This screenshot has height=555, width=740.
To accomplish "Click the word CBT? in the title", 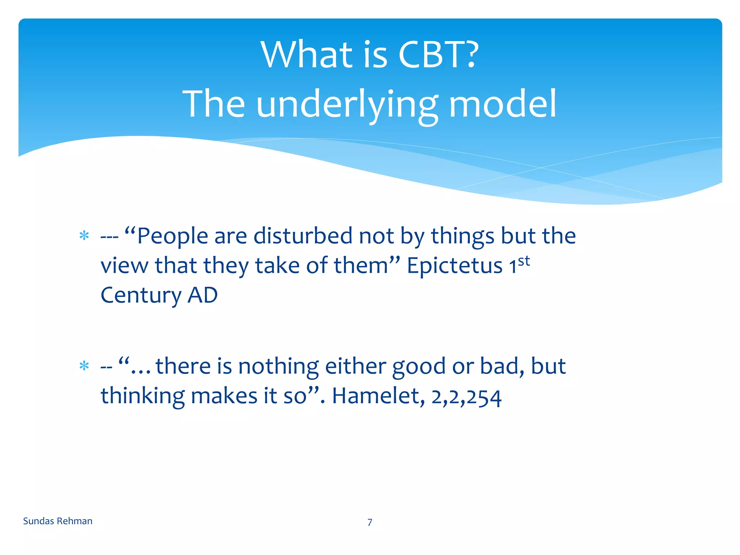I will point(438,55).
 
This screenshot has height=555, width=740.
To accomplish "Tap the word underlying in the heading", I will point(347,105).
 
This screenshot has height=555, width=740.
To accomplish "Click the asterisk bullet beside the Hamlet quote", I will point(84,366).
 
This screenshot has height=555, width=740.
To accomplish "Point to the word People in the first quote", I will point(172,236).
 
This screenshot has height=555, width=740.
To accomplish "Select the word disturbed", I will point(302,236).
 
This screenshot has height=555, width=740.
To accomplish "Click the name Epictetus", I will point(454,266).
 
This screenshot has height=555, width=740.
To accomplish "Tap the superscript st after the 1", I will point(524,261).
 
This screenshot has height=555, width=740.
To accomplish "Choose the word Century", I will point(141,296).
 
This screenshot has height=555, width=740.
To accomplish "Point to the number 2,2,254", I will point(466,397).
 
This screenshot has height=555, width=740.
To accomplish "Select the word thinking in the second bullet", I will point(142,396).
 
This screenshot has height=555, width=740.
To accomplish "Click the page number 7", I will point(370,522).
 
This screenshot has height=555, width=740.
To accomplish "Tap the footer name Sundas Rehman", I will point(58,521).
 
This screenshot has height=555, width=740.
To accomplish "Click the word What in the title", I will point(306,55).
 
